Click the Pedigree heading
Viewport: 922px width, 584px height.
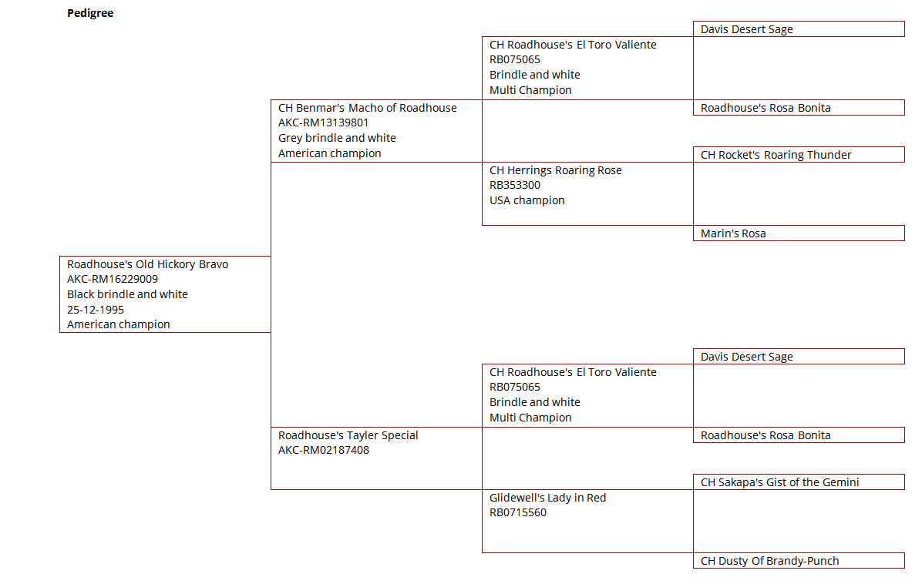90,13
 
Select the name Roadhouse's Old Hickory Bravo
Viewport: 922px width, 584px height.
147,264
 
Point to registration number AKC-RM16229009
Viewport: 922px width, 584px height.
113,279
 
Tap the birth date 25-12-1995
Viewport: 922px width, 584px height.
96,310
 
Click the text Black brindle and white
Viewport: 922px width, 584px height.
128,294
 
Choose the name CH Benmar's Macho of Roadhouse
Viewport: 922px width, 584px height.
368,108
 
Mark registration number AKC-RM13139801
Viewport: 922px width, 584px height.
324,123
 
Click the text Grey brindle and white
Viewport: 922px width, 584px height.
337,138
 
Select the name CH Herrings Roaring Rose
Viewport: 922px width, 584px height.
556,170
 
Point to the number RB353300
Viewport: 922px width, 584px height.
515,185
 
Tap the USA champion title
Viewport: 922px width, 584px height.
527,200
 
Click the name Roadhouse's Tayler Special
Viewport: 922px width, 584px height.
348,435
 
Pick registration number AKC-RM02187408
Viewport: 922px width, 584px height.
324,450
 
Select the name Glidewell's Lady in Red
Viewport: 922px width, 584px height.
547,498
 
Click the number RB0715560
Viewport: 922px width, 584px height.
518,512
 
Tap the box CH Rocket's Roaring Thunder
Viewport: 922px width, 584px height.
799,155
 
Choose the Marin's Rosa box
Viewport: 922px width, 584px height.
799,233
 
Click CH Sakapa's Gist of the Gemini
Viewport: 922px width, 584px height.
799,482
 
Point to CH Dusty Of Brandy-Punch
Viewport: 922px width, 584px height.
799,560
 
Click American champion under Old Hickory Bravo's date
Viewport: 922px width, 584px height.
118,324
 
